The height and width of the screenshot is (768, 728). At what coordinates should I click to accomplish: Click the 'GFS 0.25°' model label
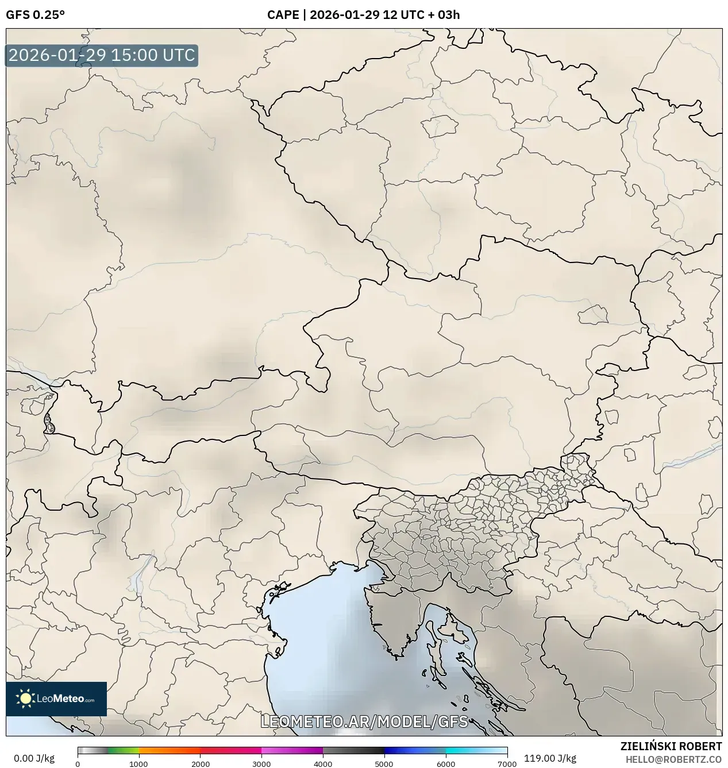35,15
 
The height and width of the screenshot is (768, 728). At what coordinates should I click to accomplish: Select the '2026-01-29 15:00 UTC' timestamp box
102,56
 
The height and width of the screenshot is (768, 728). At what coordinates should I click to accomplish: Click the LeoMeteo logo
56,698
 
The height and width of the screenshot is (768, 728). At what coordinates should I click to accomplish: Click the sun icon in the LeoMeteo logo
25,698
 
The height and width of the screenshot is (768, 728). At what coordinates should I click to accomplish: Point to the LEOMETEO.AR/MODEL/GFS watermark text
364,721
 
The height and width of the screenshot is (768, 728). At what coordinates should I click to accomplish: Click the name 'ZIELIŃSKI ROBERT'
671,746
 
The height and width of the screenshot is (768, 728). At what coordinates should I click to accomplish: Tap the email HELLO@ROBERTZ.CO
673,759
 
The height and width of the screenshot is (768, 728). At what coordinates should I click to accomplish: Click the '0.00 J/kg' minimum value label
34,758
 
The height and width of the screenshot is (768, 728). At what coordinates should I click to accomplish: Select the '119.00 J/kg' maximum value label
550,758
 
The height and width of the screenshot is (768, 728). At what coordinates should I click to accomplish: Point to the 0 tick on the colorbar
78,763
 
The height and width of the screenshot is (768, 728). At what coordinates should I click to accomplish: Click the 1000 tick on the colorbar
138,763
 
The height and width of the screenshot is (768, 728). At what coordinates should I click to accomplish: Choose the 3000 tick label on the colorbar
261,763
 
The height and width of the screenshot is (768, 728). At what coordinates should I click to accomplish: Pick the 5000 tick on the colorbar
384,763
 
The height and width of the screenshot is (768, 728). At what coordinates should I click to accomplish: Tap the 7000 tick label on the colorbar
507,763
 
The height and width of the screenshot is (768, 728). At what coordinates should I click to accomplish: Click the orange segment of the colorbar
170,750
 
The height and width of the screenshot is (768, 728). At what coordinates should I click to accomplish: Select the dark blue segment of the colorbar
402,750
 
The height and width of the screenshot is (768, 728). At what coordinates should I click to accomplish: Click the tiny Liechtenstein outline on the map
49,424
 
